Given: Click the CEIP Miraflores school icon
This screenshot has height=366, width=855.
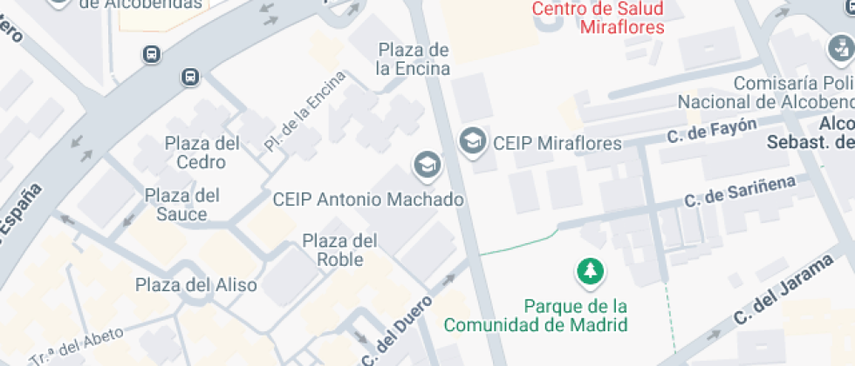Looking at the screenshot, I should (472, 140).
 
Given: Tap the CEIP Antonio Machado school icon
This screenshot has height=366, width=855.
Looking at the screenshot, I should (427, 163).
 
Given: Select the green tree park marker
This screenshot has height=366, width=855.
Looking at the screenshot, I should (591, 271).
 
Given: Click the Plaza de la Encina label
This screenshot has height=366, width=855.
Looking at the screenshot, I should (414, 58).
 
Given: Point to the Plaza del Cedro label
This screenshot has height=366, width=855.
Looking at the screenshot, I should (202, 152).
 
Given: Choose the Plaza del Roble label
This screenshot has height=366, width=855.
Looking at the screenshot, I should (339, 249).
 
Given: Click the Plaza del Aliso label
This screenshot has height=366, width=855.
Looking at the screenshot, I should (196, 285).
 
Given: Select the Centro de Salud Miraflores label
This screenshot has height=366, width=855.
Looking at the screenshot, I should (598, 17).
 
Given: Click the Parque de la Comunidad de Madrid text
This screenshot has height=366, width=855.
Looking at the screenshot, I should (536, 315).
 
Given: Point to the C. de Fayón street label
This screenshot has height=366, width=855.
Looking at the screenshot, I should (711, 131).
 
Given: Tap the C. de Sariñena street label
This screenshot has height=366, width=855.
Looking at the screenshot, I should (740, 190).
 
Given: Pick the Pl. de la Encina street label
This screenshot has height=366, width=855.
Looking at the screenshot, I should (305, 112).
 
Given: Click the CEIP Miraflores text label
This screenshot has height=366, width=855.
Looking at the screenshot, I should (557, 143).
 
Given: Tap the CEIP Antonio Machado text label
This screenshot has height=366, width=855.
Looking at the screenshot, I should (368, 200).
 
